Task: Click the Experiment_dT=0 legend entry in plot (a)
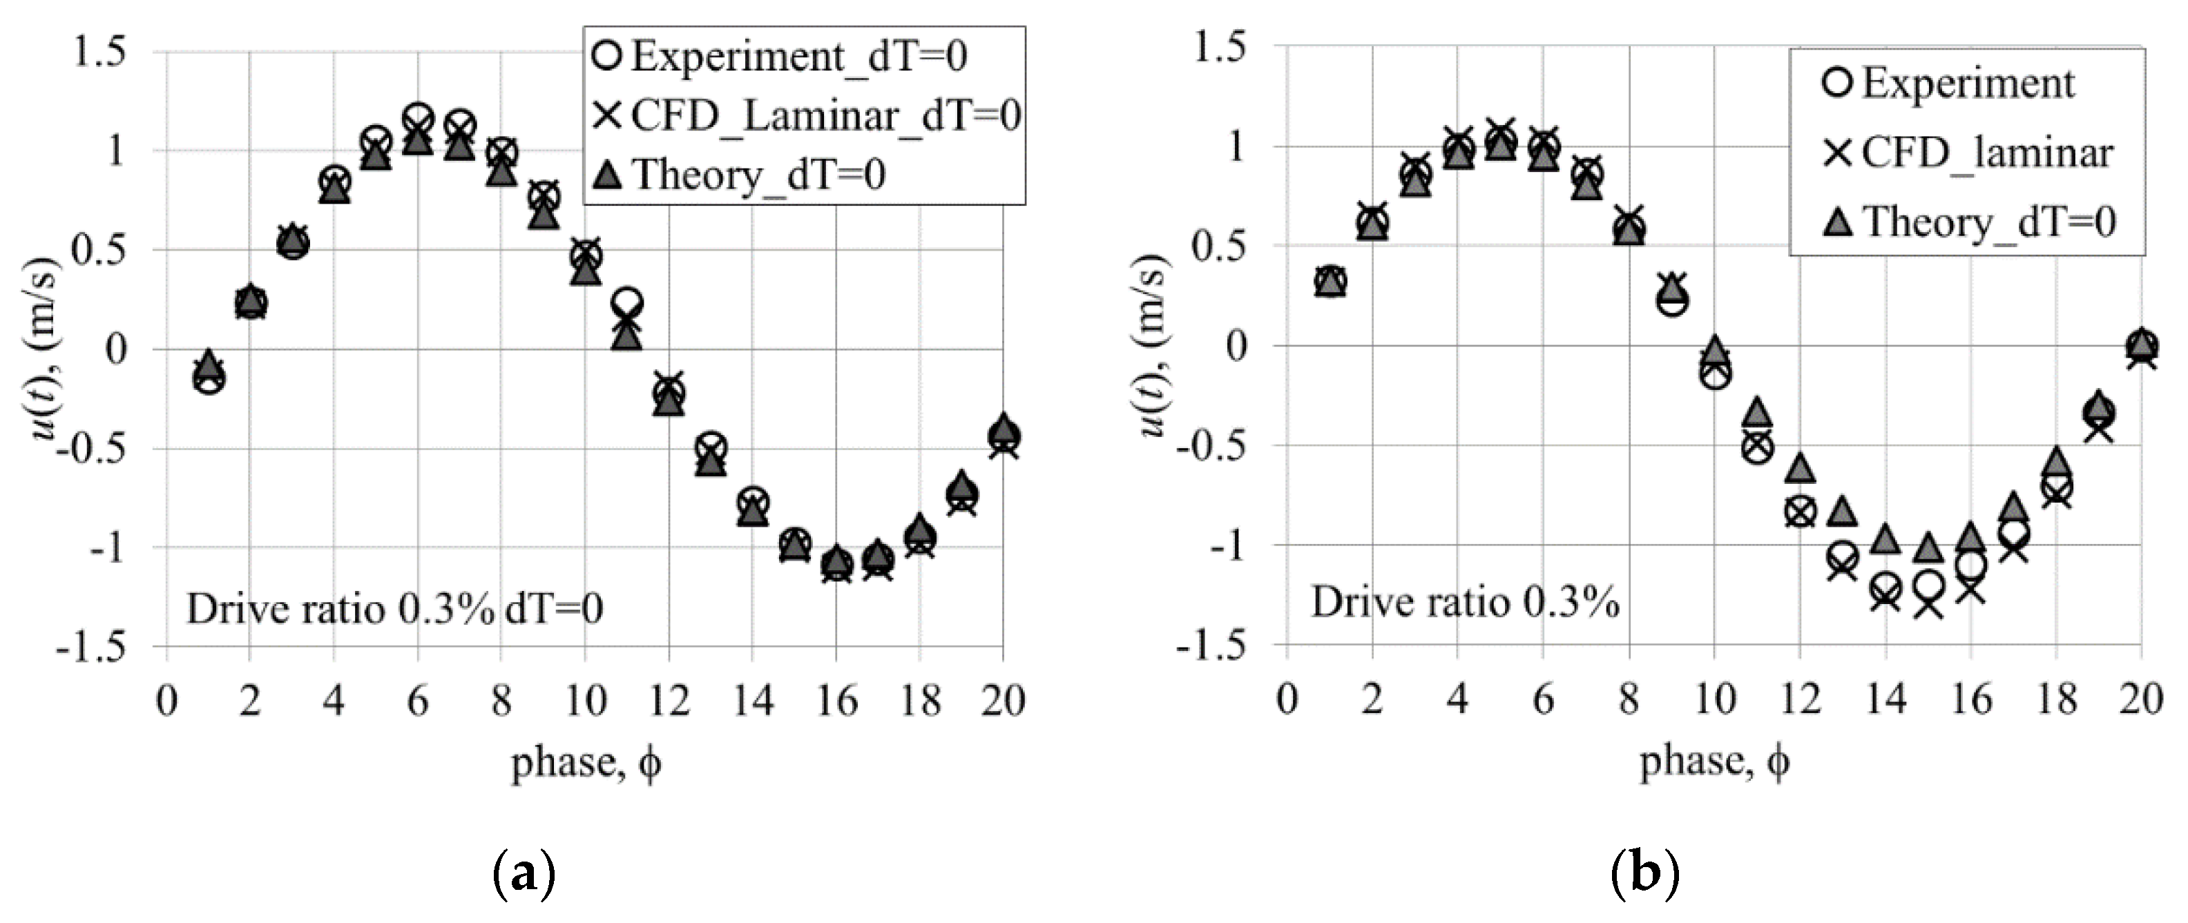(x=798, y=56)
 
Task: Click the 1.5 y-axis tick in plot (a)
(x=100, y=52)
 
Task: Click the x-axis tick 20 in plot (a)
(x=1002, y=701)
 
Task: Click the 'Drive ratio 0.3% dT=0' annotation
(x=394, y=609)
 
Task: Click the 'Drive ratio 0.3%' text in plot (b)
(x=1464, y=602)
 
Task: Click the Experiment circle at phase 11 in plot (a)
(x=628, y=303)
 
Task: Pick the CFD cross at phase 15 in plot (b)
(x=1928, y=605)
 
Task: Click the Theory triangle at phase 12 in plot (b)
(x=1800, y=468)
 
